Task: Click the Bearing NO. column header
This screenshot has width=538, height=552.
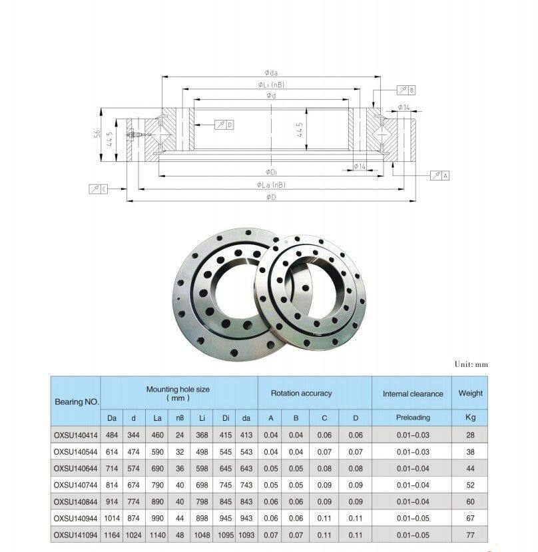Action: tap(77, 402)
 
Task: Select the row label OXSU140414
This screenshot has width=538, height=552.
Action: tap(75, 435)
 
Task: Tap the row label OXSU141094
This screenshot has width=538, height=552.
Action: tap(75, 535)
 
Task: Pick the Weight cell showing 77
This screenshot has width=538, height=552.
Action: tap(470, 535)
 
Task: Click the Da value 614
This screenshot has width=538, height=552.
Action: tap(112, 451)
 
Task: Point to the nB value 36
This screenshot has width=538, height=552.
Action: tap(180, 469)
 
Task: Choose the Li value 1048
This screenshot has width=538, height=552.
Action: tap(202, 535)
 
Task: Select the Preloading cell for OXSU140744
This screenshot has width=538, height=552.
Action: tap(413, 485)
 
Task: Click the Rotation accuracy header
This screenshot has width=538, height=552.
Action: tap(302, 394)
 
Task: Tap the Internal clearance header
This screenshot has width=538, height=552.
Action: tap(413, 394)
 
